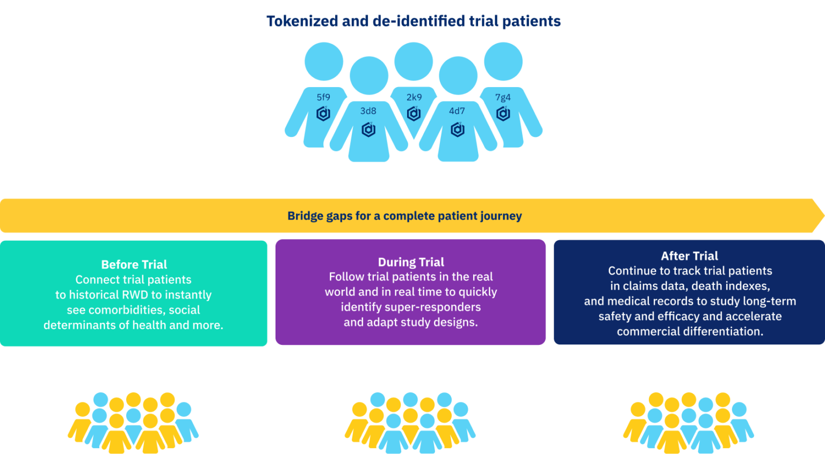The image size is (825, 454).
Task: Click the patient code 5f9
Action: pos(323,97)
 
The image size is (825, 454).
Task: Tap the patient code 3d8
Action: pos(368,111)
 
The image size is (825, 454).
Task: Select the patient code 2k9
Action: pos(414,97)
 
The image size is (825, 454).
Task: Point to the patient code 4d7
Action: pos(457,111)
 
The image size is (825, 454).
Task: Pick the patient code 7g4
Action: pos(503,97)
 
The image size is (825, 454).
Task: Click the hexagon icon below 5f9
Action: pos(323,114)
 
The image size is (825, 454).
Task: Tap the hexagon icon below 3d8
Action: pos(368,129)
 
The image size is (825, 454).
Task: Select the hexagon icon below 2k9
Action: pos(414,114)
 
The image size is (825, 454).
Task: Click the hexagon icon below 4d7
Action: pos(458,129)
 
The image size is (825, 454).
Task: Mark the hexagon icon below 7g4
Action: pos(503,114)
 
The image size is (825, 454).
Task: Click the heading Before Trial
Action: pos(134,264)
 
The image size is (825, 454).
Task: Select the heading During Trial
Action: pos(411,262)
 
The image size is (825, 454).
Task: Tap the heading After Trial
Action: pos(690,256)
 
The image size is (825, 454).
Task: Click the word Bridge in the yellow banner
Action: pos(304,216)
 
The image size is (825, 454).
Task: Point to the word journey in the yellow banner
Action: pos(501,216)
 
